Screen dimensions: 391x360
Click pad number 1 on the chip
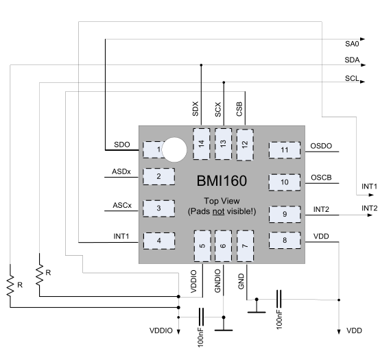[152, 149]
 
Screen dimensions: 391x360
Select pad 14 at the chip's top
[201, 144]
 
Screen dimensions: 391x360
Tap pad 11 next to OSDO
[285, 150]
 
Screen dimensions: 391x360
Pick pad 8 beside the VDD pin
[285, 240]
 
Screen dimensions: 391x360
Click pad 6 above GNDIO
[223, 245]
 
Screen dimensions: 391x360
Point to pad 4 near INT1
[159, 241]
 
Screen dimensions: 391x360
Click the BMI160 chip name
[222, 181]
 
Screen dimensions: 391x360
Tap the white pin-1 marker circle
[174, 149]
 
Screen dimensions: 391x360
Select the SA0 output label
[352, 44]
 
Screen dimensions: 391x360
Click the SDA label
[352, 60]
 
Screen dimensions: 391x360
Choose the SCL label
[352, 78]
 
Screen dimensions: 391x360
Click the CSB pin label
[239, 109]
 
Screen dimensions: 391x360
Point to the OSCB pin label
[321, 178]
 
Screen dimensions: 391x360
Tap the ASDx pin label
[121, 171]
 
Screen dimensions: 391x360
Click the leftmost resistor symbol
[10, 286]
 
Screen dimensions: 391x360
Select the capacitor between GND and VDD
[279, 299]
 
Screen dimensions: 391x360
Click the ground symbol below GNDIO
[224, 330]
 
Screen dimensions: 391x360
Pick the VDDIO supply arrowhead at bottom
[178, 332]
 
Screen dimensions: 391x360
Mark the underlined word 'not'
[218, 211]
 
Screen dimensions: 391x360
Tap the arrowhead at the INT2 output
[370, 215]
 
